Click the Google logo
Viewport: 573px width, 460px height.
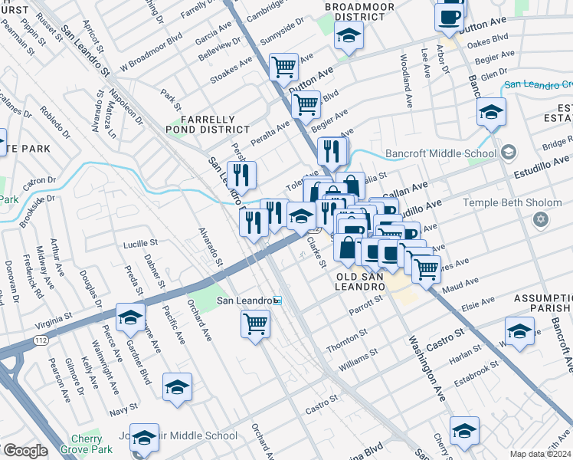tap(25, 451)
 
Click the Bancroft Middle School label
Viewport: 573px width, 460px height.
tap(440, 153)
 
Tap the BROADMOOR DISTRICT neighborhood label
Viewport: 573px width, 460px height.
tap(349, 11)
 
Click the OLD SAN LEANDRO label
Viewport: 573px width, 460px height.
tap(359, 281)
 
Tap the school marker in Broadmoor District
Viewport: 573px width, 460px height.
tap(349, 35)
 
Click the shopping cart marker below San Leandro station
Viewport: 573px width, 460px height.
tap(255, 323)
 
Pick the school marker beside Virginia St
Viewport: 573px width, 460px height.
tap(131, 317)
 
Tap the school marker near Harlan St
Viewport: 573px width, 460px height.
tap(519, 330)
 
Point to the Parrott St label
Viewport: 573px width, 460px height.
tap(365, 307)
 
